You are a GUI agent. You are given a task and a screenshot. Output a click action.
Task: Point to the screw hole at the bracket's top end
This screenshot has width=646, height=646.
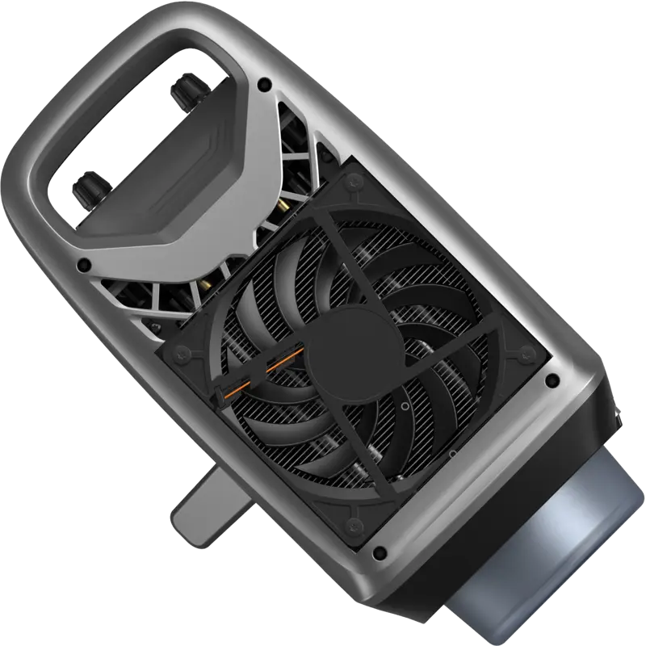263,82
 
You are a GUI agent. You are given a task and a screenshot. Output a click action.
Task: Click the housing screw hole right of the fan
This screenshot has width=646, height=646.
552,380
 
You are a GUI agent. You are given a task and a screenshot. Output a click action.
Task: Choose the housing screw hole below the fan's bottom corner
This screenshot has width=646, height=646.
381,553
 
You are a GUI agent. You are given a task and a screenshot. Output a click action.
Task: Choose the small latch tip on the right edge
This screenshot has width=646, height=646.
617,416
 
